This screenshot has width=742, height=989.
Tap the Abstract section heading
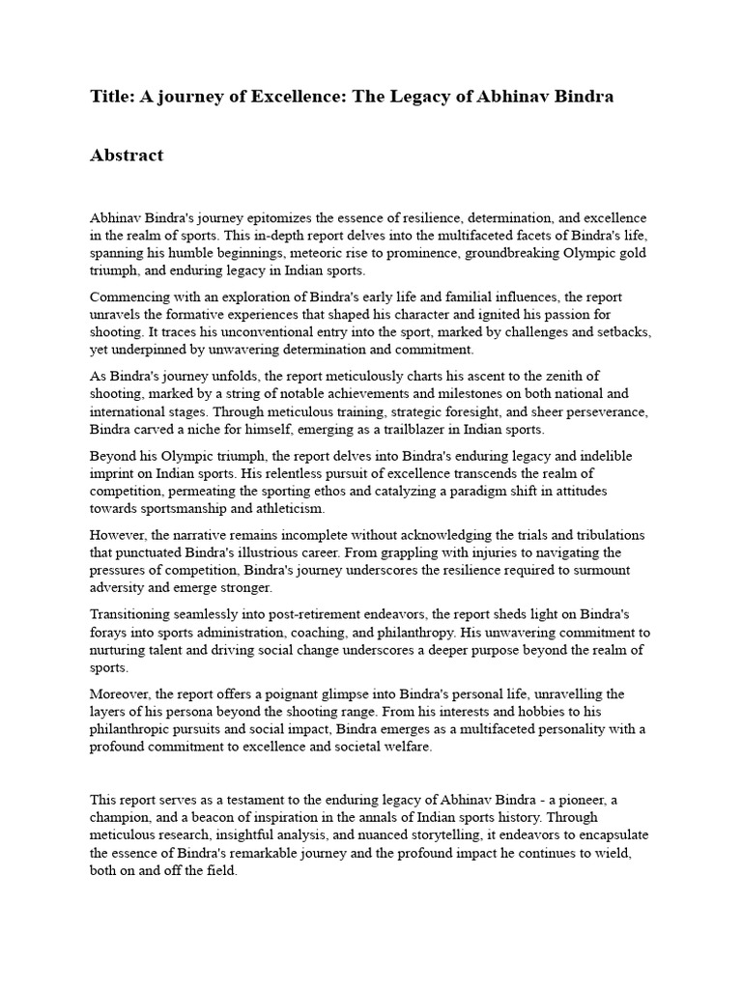[127, 155]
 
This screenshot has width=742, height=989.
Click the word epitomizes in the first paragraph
[299, 219]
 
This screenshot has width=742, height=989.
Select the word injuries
[479, 552]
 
